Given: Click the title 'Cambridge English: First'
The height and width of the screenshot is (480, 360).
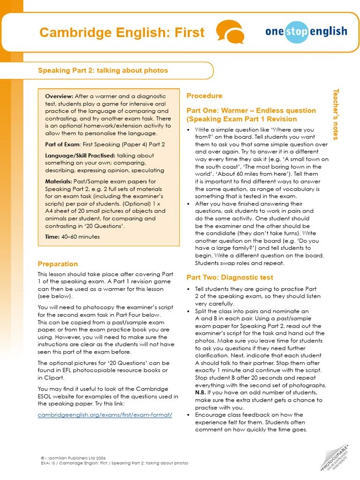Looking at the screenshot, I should click(x=122, y=32).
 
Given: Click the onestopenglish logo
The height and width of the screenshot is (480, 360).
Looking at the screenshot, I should click(x=306, y=32).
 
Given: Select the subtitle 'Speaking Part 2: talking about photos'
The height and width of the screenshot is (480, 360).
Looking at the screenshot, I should click(x=103, y=70).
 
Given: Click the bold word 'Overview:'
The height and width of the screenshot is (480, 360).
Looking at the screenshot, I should click(x=59, y=96).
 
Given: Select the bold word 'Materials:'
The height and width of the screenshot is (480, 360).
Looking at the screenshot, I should click(x=59, y=181).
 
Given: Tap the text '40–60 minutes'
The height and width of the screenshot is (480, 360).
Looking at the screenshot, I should click(x=81, y=237).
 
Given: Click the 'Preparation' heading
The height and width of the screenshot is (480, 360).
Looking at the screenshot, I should click(x=58, y=264).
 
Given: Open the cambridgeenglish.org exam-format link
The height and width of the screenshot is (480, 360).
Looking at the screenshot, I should click(x=105, y=415).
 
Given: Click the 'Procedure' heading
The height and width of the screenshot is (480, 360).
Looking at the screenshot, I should click(x=204, y=96).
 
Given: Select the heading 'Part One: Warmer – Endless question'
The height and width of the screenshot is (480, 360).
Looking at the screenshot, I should click(x=251, y=111).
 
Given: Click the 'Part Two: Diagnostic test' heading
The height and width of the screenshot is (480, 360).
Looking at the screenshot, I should click(x=230, y=277).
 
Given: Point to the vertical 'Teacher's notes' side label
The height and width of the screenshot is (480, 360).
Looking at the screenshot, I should click(x=335, y=114).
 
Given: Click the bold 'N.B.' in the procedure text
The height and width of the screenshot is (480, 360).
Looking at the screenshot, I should click(x=200, y=392).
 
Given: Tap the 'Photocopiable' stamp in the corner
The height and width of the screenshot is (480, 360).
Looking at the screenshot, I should click(x=337, y=457).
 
